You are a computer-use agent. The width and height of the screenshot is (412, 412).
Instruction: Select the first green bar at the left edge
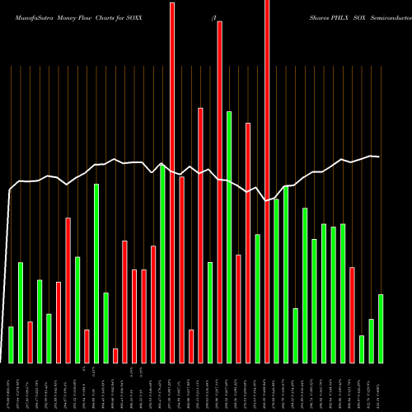tap(11, 344)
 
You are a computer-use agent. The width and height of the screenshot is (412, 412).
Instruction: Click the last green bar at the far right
tap(381, 328)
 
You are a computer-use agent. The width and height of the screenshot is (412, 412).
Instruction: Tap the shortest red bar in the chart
tap(115, 355)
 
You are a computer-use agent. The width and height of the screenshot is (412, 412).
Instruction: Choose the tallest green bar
tap(229, 236)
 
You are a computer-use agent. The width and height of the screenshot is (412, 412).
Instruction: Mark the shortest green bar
tap(362, 349)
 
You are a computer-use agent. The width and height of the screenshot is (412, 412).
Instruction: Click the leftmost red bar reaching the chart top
tap(172, 181)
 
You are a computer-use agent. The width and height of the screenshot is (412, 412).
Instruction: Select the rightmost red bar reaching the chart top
tap(267, 181)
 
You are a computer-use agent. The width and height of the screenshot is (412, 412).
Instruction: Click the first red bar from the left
tap(30, 342)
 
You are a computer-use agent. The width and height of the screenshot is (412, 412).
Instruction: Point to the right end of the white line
tap(379, 157)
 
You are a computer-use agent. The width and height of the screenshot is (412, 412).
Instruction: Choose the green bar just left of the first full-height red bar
tap(163, 264)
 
